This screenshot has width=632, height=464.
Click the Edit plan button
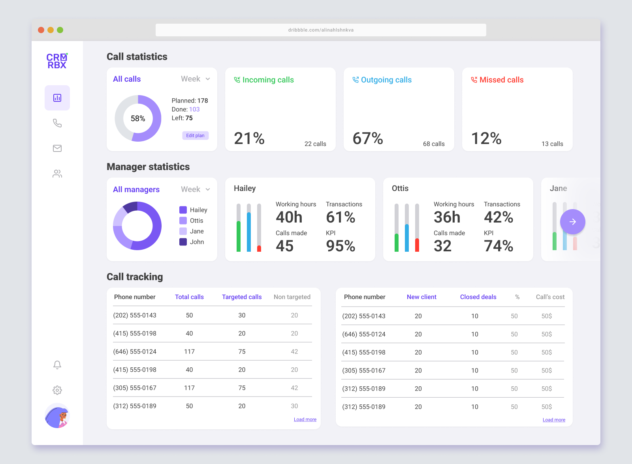195,136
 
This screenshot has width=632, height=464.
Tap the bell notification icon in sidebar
57,365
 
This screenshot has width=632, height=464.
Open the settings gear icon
57,390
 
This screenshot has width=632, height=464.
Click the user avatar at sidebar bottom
57,416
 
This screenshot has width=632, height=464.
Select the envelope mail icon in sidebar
57,148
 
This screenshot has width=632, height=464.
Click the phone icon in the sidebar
57,123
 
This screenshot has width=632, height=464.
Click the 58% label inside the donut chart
138,118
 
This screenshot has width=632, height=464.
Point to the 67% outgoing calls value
368,138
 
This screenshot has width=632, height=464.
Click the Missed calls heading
501,80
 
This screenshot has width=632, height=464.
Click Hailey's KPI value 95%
340,246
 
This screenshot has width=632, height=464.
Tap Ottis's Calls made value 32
442,246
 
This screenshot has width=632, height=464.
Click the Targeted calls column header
242,297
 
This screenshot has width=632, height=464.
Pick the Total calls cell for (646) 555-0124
189,352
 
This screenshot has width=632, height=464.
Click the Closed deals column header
478,297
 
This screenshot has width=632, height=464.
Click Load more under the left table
305,419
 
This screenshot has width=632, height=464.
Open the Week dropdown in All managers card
196,189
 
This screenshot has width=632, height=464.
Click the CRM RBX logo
57,61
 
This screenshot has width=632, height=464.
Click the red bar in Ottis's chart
417,245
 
